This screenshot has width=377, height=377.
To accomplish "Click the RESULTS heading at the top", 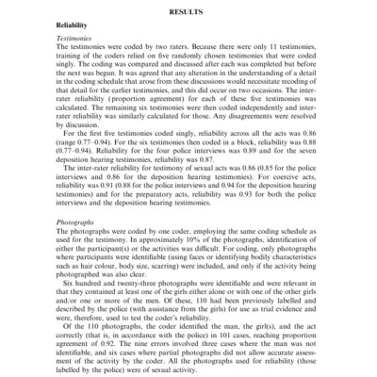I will (188, 10).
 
